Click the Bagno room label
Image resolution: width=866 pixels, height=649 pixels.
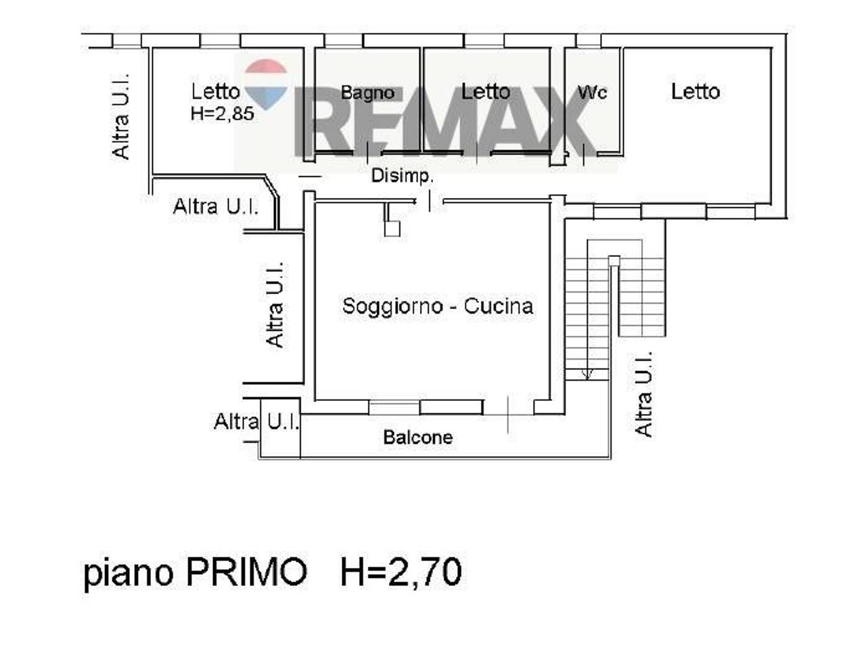[x=367, y=93]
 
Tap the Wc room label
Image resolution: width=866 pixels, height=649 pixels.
[x=592, y=92]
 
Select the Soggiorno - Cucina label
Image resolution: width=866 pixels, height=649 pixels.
[x=438, y=306]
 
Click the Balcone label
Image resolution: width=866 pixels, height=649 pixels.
[x=417, y=437]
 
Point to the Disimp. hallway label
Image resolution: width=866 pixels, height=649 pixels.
[x=402, y=176]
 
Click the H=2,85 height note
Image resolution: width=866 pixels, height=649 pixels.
[x=222, y=113]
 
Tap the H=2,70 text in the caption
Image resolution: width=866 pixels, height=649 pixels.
[x=401, y=572]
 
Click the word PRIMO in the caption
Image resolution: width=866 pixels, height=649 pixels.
[x=246, y=572]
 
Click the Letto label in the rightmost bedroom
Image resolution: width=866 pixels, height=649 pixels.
[x=695, y=91]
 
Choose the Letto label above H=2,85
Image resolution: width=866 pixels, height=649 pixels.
[x=215, y=91]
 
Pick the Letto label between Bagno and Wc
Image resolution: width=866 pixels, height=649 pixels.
[x=485, y=91]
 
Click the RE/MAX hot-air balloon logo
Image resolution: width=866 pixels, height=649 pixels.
[x=266, y=82]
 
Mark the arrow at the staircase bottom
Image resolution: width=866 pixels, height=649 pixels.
[x=587, y=372]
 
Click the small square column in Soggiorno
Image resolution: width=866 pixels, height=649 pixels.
[x=392, y=228]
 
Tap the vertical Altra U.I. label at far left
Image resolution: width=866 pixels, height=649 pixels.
[x=121, y=116]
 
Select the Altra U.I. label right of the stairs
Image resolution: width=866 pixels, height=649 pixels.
[x=644, y=393]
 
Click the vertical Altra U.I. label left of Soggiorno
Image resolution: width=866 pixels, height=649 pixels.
[x=275, y=304]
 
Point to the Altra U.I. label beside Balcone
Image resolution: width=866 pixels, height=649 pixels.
[x=256, y=422]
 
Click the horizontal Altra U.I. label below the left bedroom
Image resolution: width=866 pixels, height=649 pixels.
[x=216, y=206]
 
